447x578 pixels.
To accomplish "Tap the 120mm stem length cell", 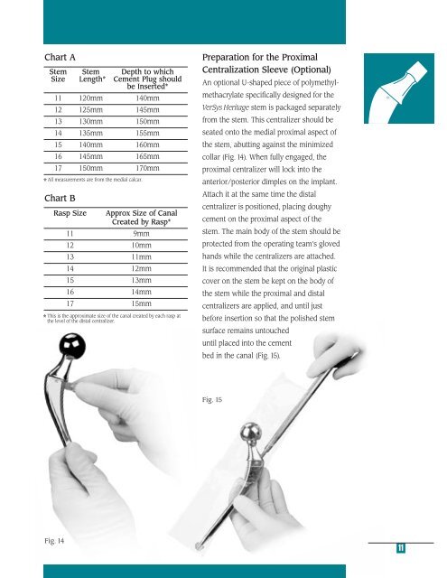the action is [x=90, y=98].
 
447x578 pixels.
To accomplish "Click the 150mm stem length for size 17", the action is [x=90, y=168].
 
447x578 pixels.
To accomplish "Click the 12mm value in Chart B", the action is [x=144, y=269].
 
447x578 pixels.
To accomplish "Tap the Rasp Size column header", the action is [x=70, y=213].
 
